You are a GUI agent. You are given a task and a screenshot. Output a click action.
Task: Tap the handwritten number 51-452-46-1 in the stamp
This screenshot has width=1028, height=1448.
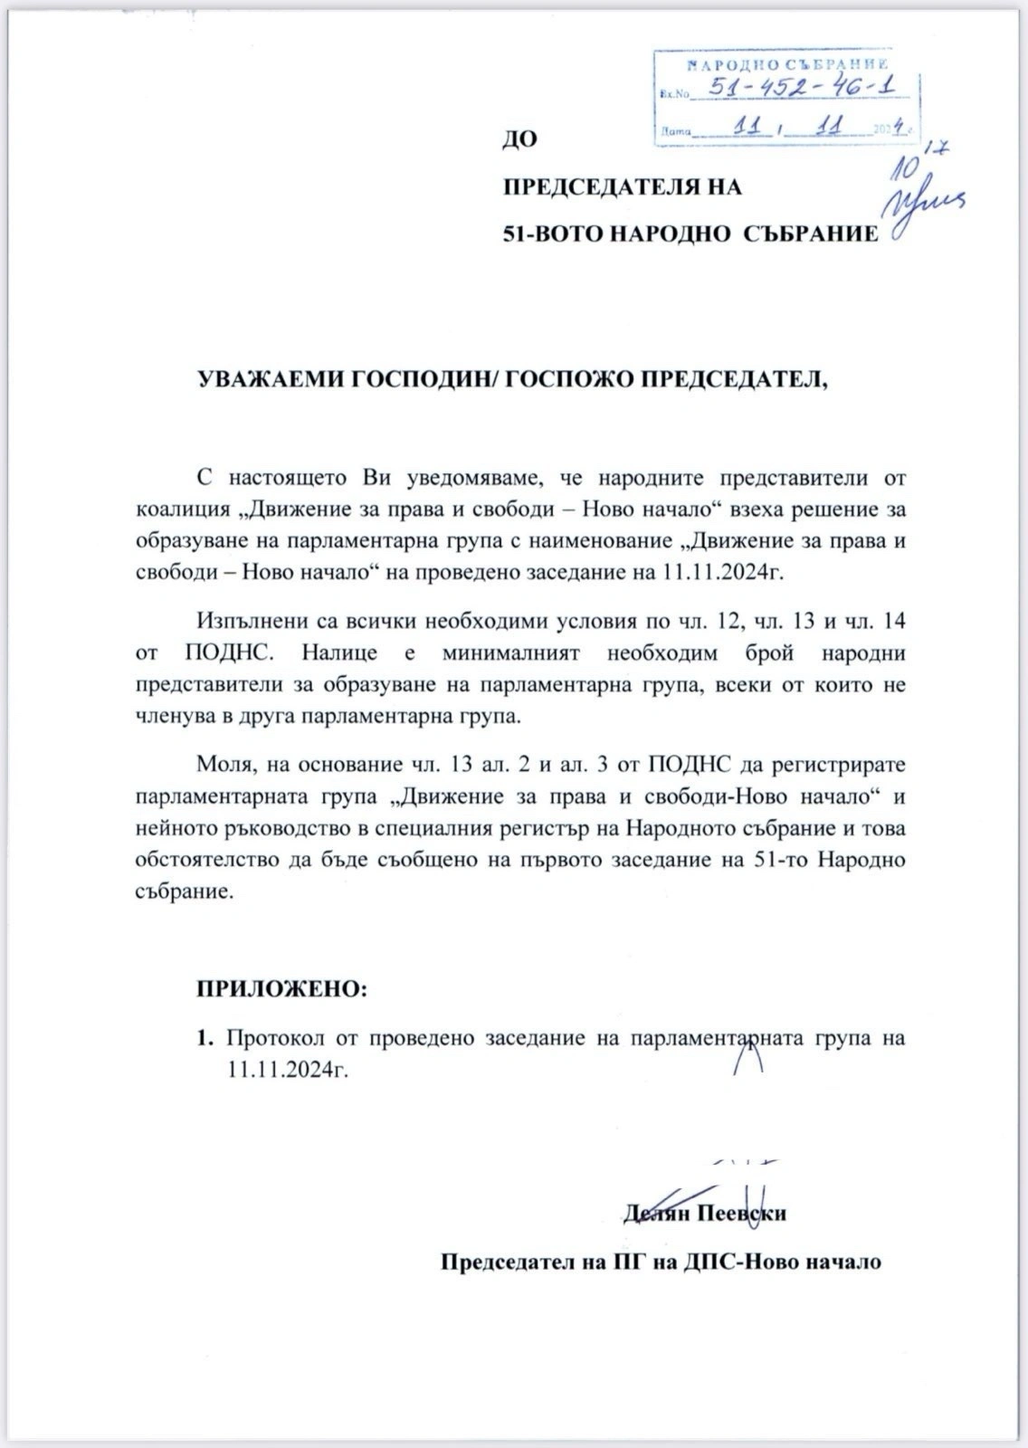(x=799, y=89)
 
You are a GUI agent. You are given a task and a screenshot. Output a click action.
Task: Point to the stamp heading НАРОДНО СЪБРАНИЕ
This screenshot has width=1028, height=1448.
(x=786, y=64)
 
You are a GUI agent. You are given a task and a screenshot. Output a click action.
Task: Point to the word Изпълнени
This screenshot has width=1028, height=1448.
(x=242, y=622)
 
